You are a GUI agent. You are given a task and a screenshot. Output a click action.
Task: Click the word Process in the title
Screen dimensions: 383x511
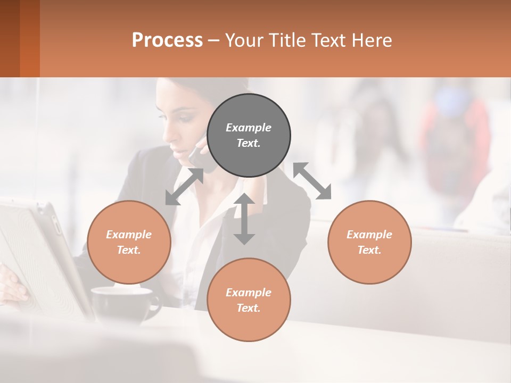[x=167, y=40]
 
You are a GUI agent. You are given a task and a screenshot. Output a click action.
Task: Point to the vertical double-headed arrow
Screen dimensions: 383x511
[x=244, y=219]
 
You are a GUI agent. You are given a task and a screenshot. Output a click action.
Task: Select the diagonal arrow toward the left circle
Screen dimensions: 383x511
[x=184, y=187]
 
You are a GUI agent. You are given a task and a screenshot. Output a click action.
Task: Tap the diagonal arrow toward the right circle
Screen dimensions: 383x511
[x=312, y=181]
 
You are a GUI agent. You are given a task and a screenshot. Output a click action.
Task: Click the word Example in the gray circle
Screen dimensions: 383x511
[x=249, y=128]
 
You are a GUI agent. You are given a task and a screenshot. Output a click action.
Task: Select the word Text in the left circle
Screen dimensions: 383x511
[x=129, y=250]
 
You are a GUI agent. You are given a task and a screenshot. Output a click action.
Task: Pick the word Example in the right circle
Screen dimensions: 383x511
[x=369, y=235]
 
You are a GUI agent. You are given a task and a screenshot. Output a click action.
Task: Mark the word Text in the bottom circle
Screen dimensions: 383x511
[x=249, y=308]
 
